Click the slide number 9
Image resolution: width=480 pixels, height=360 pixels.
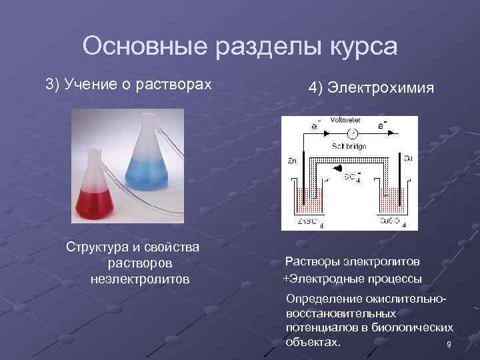click(x=448, y=345)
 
